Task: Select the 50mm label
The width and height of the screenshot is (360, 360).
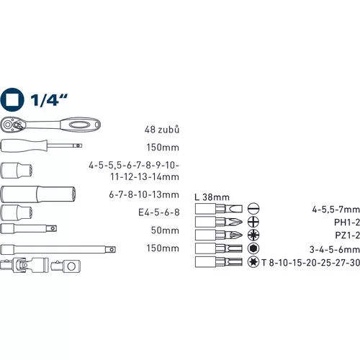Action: pos(166,230)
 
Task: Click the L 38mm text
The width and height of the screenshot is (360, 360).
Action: pos(212,197)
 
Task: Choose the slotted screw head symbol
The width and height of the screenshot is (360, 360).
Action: pos(253,210)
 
